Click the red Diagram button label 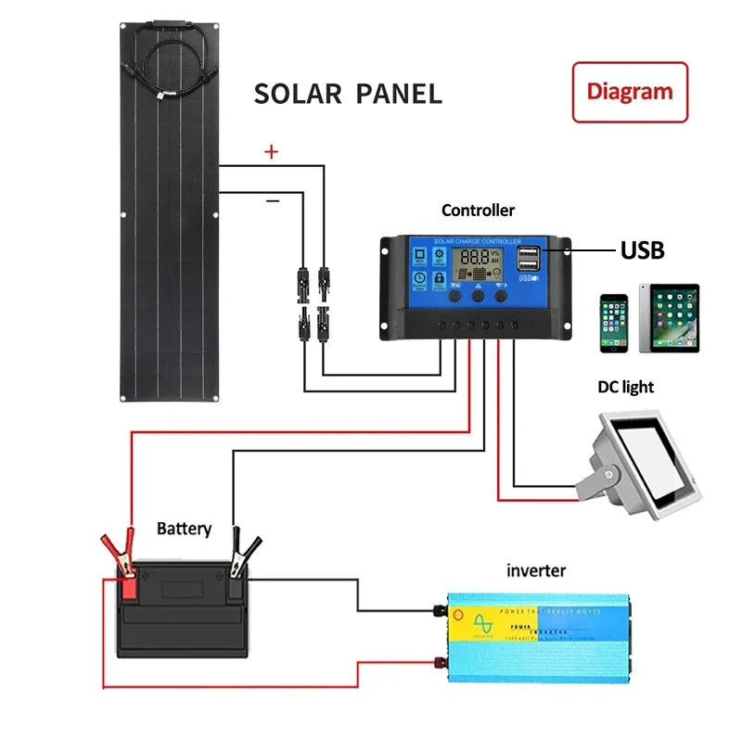(630, 92)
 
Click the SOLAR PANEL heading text (348, 94)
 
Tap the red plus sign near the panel (271, 153)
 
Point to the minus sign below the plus (272, 199)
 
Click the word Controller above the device (478, 211)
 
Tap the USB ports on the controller (529, 259)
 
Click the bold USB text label (642, 249)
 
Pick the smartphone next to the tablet (613, 323)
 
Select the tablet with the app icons (669, 318)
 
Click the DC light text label (626, 387)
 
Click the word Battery (184, 529)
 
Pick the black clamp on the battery (243, 554)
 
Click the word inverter (535, 570)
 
